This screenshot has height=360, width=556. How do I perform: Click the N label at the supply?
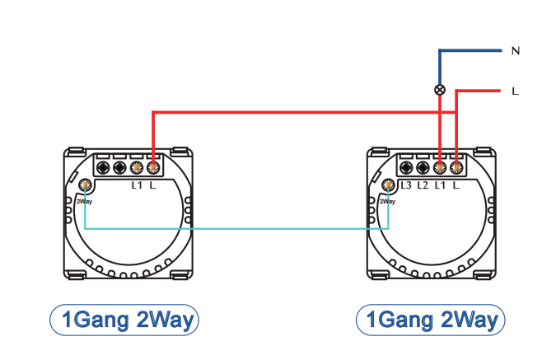point(515,51)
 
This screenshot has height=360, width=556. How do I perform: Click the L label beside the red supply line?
point(515,91)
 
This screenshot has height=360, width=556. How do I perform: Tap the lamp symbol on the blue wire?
point(440,90)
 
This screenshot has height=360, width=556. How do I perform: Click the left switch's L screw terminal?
point(152,167)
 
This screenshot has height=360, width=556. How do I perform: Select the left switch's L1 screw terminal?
point(137,167)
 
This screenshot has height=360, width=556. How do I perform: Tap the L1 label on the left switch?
point(137,184)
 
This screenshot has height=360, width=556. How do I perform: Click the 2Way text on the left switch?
point(84,200)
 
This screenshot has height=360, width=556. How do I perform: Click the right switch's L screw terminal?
point(456,167)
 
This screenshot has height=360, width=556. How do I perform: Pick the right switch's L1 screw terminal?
point(440,167)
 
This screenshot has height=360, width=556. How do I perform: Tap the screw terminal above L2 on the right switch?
point(423,167)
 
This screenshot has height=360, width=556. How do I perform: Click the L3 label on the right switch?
point(405,184)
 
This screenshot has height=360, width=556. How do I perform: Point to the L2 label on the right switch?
point(422,184)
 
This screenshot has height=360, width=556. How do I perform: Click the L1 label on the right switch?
point(439,184)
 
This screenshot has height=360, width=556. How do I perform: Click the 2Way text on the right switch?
point(387,200)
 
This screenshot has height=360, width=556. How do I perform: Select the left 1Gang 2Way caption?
point(125,320)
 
